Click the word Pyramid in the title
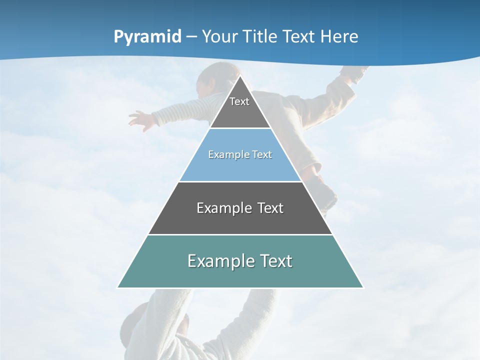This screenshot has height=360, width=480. click(147, 37)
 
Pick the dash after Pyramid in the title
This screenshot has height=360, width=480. click(191, 37)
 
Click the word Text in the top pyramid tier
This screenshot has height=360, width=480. click(239, 101)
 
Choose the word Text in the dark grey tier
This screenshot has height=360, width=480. click(270, 208)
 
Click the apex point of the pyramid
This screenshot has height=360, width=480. click(240, 76)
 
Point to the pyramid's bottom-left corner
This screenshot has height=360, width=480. click(117, 287)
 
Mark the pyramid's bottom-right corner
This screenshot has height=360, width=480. click(363, 287)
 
